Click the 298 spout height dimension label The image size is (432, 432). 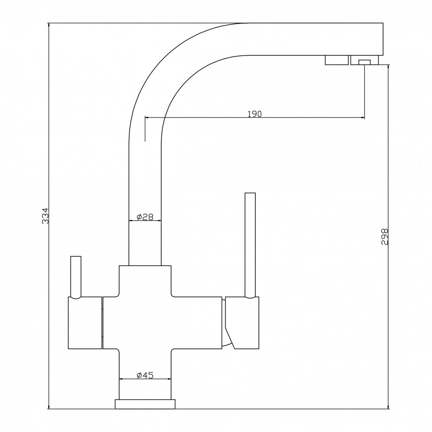(386, 237)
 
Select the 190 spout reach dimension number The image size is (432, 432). (255, 114)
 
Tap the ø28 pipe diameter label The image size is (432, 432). (146, 217)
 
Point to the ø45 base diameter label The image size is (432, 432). (145, 375)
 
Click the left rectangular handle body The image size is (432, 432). (85, 322)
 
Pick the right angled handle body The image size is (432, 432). (242, 322)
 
